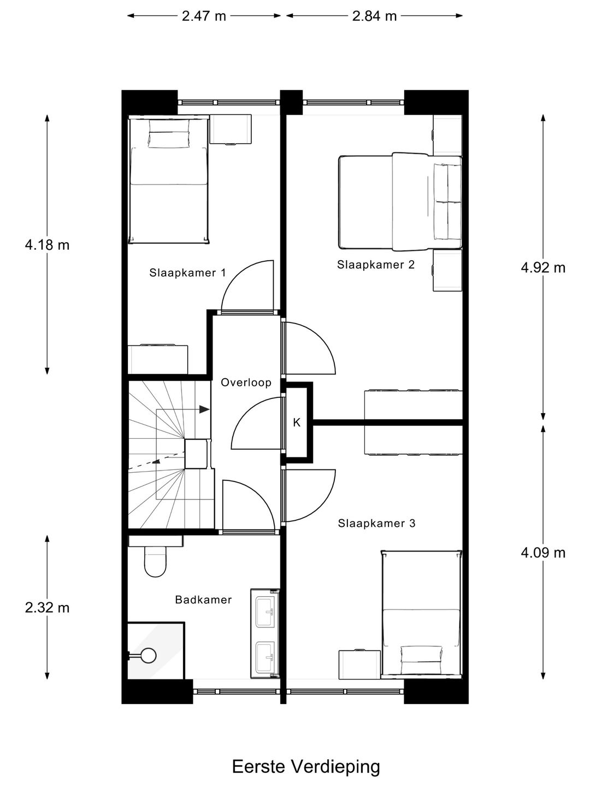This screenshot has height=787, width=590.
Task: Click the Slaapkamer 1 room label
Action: pos(187,273)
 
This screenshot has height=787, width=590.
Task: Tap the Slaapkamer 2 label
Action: pos(376,265)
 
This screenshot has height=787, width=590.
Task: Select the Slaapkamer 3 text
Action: pos(376,523)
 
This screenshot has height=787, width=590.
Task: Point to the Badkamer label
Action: pos(203,600)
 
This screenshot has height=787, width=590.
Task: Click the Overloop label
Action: pos(246,382)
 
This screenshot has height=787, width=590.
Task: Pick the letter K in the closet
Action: pos(297,422)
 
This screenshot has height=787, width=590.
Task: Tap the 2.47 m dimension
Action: pos(204,16)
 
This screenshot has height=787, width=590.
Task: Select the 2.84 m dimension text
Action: pos(374,16)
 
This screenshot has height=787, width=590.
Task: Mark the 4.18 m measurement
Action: pos(47,244)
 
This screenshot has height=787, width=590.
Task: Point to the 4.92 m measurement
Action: pos(543,267)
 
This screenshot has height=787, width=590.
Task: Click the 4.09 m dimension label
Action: pos(543,553)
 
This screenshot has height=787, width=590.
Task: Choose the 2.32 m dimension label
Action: pos(47,607)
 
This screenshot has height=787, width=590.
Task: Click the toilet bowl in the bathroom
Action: pos(155,563)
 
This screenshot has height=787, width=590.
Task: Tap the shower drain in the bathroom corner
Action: pos(147,655)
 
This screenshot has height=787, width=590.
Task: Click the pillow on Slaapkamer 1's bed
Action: pos(169,139)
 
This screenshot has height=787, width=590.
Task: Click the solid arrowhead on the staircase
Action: pos(204,409)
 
